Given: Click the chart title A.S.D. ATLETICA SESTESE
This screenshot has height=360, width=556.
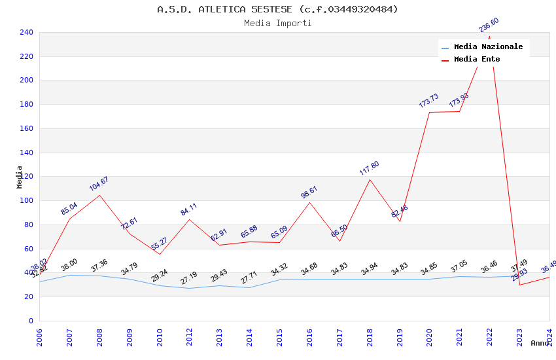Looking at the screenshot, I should pyautogui.click(x=277, y=9).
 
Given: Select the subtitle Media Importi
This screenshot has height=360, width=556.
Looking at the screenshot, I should pyautogui.click(x=277, y=23).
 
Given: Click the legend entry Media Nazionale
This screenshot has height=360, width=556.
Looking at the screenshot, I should pyautogui.click(x=488, y=47).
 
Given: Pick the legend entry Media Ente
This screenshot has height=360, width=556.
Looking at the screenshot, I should pyautogui.click(x=477, y=60).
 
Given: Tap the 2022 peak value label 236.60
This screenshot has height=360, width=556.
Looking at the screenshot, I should pyautogui.click(x=489, y=25).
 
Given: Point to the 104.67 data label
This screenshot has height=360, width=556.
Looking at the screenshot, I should pyautogui.click(x=99, y=184).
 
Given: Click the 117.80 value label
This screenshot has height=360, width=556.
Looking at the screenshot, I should pyautogui.click(x=369, y=168).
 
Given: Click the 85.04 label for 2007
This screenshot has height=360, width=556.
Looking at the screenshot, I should pyautogui.click(x=69, y=208).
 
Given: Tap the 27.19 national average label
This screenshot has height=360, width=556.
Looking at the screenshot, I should pyautogui.click(x=189, y=278).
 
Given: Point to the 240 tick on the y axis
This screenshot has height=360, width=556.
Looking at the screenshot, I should pyautogui.click(x=26, y=32).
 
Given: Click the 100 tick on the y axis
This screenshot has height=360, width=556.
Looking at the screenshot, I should pyautogui.click(x=26, y=201).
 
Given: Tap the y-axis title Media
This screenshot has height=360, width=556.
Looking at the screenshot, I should pyautogui.click(x=20, y=177).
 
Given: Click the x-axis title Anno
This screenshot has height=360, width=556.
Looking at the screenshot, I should pyautogui.click(x=540, y=343).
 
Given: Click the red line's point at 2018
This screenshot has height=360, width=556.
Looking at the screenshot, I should pyautogui.click(x=370, y=179).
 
